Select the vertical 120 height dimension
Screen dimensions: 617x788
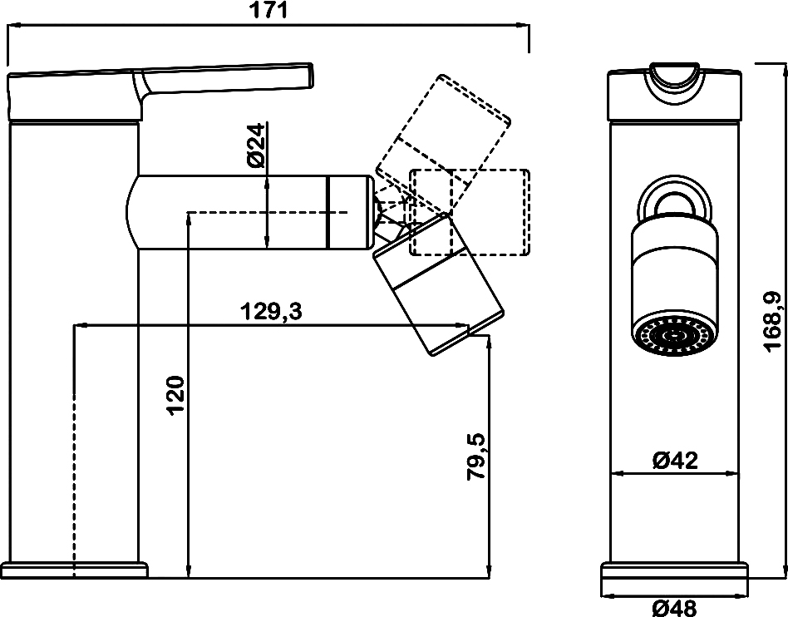(175, 395)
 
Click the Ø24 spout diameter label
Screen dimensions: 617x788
(256, 146)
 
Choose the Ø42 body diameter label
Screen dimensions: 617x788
(674, 460)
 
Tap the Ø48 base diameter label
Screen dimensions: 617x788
(674, 609)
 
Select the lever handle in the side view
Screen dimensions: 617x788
(224, 79)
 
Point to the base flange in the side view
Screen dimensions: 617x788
(75, 570)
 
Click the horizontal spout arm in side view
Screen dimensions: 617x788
(249, 212)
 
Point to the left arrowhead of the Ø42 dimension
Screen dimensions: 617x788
(616, 475)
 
